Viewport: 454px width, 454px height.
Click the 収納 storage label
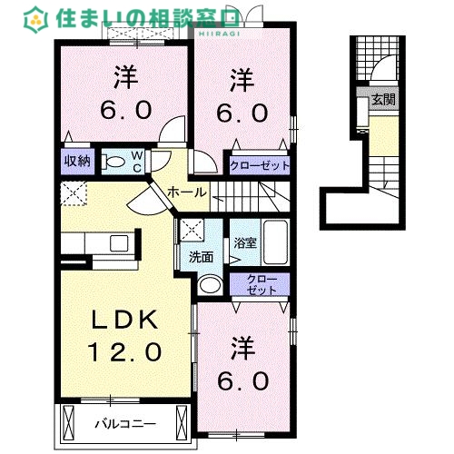76,162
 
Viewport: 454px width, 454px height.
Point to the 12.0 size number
125,350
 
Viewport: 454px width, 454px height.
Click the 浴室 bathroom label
244,243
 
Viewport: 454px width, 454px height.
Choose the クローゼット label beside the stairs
259,166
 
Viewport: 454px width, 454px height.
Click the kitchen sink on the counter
118,242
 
